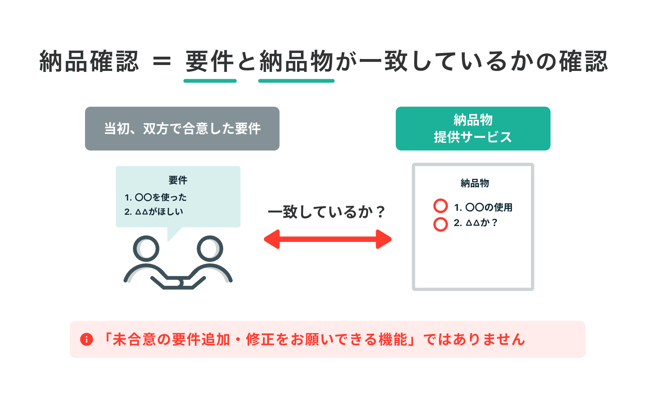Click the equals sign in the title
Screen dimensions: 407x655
coord(162,61)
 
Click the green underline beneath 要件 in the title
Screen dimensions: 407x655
coord(210,81)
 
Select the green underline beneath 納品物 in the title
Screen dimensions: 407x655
coord(296,81)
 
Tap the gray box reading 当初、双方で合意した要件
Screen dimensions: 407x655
coord(182,129)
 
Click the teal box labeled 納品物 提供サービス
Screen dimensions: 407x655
coord(473,129)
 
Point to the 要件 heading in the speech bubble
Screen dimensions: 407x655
coord(178,180)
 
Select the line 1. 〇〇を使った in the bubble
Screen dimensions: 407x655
coord(155,198)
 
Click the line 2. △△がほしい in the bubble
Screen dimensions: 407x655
coord(154,212)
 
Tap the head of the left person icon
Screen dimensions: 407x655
coord(146,249)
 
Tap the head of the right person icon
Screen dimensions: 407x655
coord(210,249)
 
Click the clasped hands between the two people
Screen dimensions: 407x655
coord(179,282)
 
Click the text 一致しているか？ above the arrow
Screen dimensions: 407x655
coord(327,212)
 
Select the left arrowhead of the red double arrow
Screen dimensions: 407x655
coord(272,239)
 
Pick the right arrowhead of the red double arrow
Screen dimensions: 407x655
coord(384,239)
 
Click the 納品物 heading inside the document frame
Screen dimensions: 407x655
coord(474,183)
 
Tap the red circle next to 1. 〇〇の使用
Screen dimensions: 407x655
coord(440,206)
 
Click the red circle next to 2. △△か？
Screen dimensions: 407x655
coord(440,224)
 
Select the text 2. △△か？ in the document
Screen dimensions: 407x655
coord(476,223)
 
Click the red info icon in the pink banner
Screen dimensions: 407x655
coord(87,339)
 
